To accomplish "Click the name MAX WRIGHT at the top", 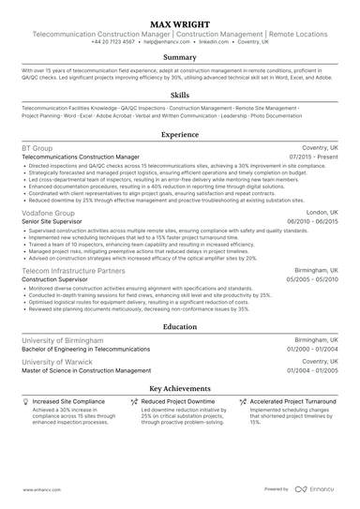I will coord(180,19).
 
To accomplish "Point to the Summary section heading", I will coord(180,58).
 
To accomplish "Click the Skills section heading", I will coord(180,96).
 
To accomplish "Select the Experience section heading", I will coord(180,135).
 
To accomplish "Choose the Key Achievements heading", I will coord(180,387).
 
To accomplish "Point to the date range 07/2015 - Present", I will coord(314,157).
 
